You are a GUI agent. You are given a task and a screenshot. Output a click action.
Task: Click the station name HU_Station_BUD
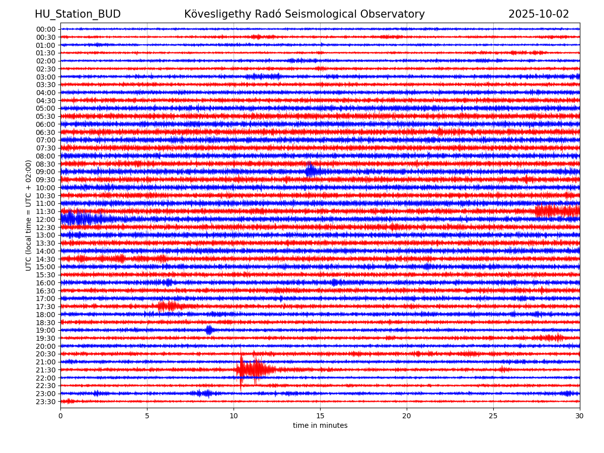pyautogui.click(x=78, y=14)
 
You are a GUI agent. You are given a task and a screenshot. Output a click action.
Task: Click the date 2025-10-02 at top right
pyautogui.click(x=539, y=14)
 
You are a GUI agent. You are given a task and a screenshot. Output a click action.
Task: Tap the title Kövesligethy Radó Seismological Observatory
pyautogui.click(x=305, y=14)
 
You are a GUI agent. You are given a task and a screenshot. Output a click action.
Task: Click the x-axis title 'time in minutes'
pyautogui.click(x=320, y=425)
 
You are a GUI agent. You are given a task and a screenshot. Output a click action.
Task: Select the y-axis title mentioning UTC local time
pyautogui.click(x=29, y=215)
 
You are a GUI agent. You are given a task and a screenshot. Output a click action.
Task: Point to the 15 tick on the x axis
pyautogui.click(x=320, y=416)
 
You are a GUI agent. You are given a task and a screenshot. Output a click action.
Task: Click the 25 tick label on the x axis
pyautogui.click(x=493, y=416)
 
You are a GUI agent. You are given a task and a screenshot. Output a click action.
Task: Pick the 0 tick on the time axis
pyautogui.click(x=60, y=416)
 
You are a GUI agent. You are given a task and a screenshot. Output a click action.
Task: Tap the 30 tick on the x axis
pyautogui.click(x=580, y=416)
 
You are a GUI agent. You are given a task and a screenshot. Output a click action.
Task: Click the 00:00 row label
pyautogui.click(x=46, y=29)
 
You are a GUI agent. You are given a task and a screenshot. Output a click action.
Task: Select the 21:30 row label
pyautogui.click(x=46, y=370)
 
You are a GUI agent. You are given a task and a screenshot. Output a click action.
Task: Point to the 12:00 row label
pyautogui.click(x=46, y=219)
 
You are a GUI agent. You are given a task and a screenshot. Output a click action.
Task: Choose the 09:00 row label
pyautogui.click(x=46, y=172)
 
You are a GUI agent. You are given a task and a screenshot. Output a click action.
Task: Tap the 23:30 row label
pyautogui.click(x=46, y=402)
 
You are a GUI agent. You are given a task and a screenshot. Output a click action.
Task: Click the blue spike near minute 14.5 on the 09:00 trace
pyautogui.click(x=311, y=171)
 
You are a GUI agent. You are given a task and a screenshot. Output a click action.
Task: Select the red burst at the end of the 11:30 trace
pyautogui.click(x=556, y=211)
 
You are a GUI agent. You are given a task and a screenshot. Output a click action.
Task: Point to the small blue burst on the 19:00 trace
pyautogui.click(x=209, y=330)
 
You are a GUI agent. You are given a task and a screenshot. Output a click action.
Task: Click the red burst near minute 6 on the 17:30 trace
pyautogui.click(x=169, y=306)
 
